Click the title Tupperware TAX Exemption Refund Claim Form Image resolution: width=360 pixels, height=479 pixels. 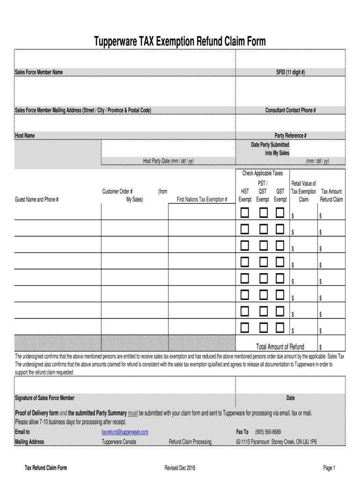180,42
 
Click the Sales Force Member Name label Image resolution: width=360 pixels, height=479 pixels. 39,72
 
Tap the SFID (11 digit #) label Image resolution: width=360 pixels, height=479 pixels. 290,72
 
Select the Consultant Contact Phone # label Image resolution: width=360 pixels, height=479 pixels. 290,110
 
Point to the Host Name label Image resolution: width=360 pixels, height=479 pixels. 25,136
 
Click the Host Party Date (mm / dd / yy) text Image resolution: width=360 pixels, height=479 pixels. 168,161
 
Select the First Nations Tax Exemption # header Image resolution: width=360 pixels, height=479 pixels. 202,200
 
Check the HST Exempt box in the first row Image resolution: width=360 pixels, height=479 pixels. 245,213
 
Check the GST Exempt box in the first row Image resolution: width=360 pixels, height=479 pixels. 280,213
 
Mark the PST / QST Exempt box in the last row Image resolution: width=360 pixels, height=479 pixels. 264,327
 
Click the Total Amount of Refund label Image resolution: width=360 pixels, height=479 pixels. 280,347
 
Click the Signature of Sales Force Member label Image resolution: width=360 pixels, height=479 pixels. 45,398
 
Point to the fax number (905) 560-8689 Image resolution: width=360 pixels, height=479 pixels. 268,432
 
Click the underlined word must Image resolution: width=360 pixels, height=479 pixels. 133,414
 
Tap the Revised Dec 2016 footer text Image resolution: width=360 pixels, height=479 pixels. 180,468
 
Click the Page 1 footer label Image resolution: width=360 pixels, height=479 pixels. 329,468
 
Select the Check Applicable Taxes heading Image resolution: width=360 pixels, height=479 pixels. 262,174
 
